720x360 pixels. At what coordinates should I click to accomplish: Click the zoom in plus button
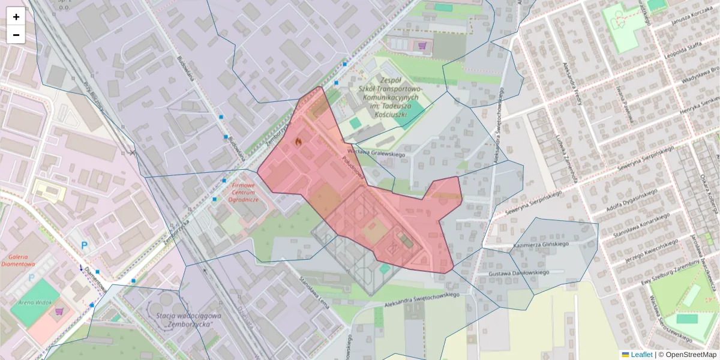point(16,17)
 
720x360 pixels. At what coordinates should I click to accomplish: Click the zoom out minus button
point(16,35)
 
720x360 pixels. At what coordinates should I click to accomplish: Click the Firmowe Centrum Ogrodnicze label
point(244,193)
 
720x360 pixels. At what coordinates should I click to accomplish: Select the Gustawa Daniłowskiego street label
point(519,272)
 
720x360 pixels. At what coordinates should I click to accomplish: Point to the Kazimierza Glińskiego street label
point(540,245)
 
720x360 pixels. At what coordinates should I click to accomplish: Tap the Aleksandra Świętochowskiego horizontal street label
point(423,298)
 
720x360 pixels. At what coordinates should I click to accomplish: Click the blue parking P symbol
point(85,245)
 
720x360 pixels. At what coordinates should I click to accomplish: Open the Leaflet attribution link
point(641,355)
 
